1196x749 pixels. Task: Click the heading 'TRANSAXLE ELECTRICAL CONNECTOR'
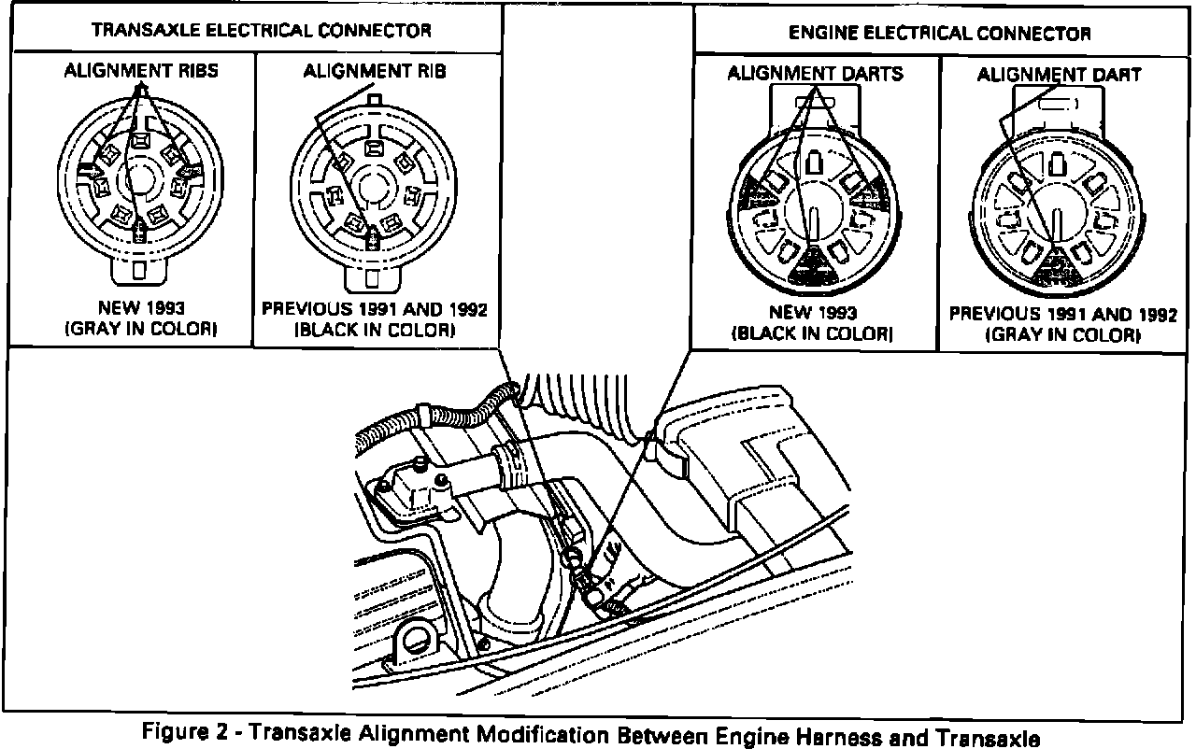[x=261, y=30]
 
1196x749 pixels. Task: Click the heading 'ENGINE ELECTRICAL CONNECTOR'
[x=939, y=34]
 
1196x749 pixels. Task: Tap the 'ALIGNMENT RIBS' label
[x=140, y=70]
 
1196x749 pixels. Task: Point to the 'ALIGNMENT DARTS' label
[x=815, y=73]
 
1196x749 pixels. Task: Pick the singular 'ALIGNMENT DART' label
[x=1059, y=74]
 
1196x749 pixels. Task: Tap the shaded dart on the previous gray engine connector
[x=1058, y=268]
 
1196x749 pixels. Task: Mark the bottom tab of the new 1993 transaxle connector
[x=141, y=270]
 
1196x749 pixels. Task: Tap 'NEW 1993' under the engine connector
[x=813, y=313]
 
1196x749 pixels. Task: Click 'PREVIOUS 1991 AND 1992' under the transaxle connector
[x=374, y=310]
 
